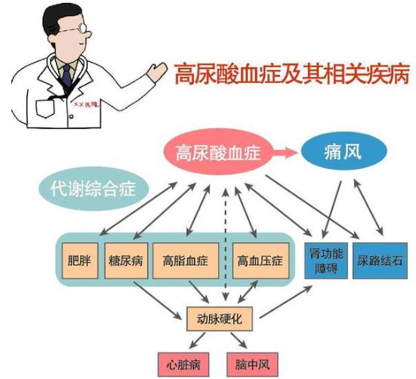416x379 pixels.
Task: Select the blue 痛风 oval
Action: pos(344,152)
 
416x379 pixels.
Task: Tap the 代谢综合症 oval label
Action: pos(94,189)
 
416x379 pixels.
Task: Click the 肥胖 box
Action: pos(80,260)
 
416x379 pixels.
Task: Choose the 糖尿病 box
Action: pos(126,260)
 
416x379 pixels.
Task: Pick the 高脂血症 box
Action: pos(186,260)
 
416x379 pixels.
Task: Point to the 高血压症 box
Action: pos(260,260)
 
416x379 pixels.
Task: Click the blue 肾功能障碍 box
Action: pos(326,260)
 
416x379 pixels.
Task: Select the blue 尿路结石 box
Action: pos(380,260)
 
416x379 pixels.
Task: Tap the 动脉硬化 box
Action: pos(220,319)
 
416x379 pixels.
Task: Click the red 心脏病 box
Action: pos(183,365)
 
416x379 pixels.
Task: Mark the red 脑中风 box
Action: pos(252,365)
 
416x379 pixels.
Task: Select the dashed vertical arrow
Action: pos(226,245)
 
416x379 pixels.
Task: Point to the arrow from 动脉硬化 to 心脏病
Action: pos(197,340)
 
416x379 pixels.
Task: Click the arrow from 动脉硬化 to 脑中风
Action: pos(239,340)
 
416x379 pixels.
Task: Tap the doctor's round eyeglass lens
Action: pos(82,28)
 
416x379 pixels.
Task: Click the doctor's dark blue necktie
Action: pos(67,76)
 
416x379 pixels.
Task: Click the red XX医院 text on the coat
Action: pos(86,104)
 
